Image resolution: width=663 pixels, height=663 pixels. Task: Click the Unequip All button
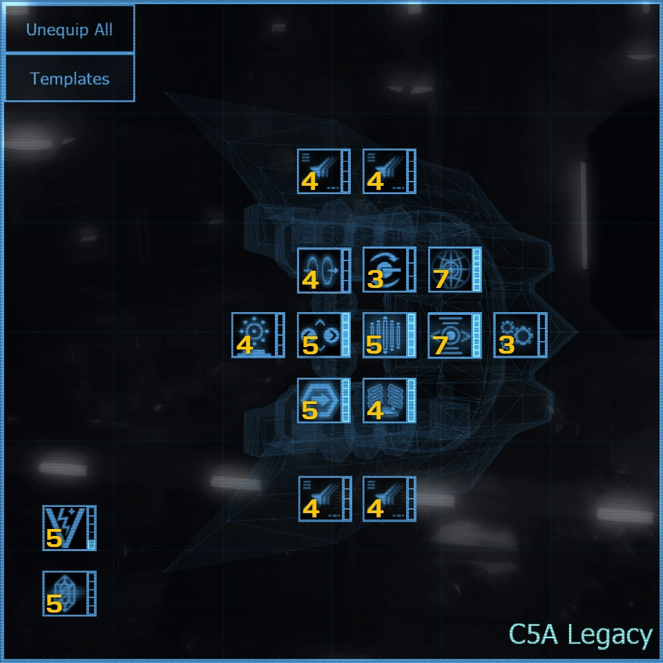click(69, 30)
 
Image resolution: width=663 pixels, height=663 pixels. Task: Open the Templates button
click(69, 78)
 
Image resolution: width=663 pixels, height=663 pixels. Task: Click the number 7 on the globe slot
click(440, 279)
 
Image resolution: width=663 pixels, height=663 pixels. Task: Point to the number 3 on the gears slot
click(506, 345)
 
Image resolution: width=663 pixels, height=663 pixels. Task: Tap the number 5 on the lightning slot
click(54, 538)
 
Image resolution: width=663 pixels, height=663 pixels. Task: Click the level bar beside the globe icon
click(477, 269)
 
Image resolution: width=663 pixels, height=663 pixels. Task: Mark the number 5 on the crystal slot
click(54, 604)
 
